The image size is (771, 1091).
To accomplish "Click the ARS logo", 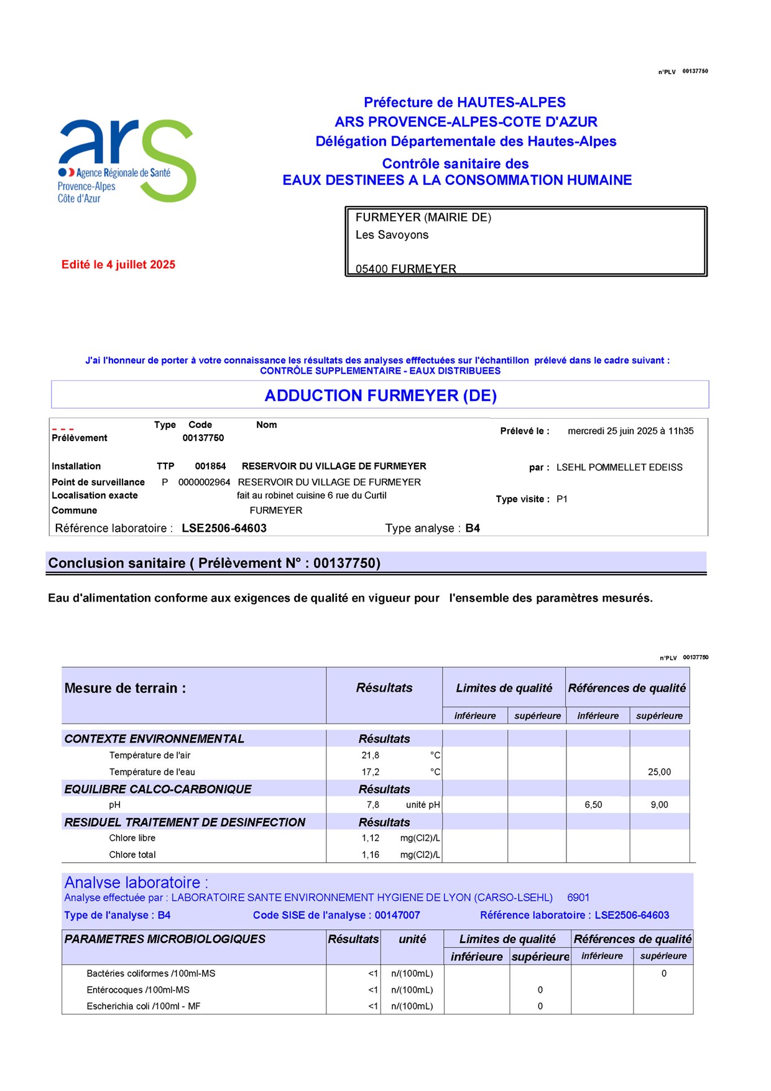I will point(127,160).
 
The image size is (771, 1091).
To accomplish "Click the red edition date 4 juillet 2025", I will point(118,264).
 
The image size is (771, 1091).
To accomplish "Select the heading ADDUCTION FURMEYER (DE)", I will point(381,396).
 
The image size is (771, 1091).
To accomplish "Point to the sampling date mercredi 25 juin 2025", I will point(630,431).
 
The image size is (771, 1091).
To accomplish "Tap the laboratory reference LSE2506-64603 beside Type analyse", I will point(224,528).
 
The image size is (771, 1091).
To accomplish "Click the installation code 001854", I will point(210,466).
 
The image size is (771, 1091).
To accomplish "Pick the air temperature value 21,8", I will point(371,755).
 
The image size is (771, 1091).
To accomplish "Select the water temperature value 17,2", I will point(371,772).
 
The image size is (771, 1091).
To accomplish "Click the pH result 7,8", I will point(373,805).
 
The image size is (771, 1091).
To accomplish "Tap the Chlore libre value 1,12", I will point(371,838).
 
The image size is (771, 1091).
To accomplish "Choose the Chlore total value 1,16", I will point(371,855).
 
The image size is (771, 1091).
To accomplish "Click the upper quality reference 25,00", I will point(659,772).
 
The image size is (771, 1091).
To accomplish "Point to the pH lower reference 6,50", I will point(593,805).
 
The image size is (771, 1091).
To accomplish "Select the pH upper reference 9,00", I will point(659,805).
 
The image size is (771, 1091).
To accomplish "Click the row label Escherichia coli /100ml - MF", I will point(144,1006).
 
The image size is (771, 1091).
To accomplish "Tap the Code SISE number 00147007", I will point(397,915).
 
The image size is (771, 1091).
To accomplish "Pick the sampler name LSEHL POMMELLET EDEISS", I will point(619,467).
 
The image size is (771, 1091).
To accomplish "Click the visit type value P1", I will point(562,499).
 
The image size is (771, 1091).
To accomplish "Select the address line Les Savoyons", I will point(392,234).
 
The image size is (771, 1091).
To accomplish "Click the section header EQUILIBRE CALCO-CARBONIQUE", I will point(158,789).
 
